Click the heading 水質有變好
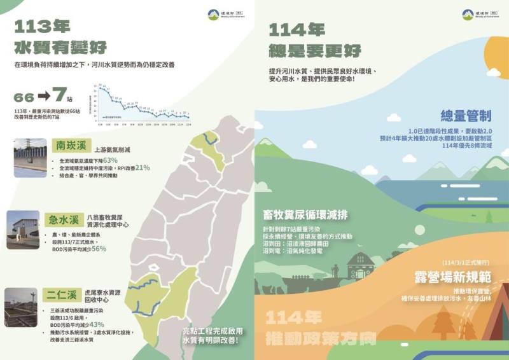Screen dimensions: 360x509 [60, 47]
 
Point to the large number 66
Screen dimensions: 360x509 [24, 97]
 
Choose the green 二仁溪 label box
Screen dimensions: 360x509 [63, 295]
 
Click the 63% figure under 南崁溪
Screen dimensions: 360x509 [110, 160]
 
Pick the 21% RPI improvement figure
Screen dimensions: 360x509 [142, 168]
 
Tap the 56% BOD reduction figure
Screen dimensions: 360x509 [99, 249]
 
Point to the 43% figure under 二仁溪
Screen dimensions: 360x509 [97, 324]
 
